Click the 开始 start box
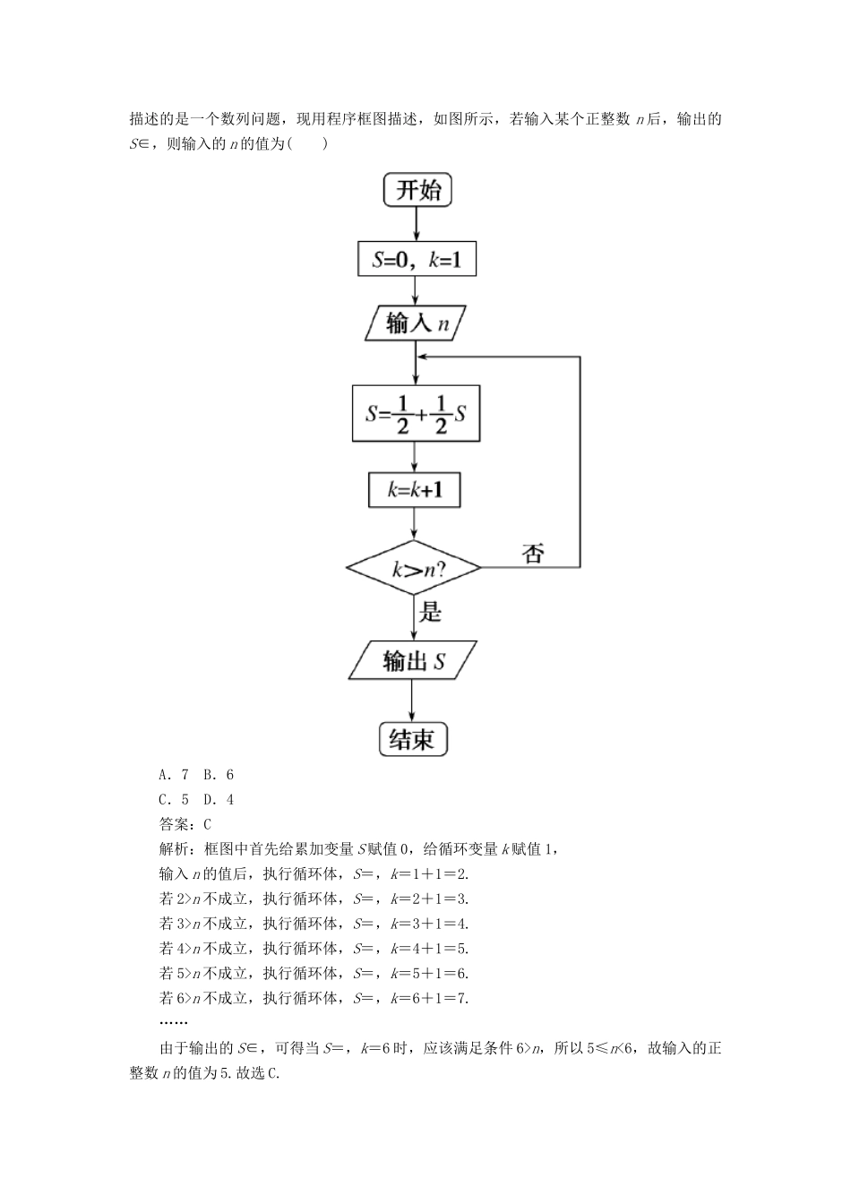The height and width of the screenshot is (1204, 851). (417, 190)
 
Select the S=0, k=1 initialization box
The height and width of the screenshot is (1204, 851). (416, 260)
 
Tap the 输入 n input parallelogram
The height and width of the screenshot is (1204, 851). (417, 323)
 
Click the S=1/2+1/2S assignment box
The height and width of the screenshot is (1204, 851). (416, 413)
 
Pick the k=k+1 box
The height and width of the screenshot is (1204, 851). (415, 490)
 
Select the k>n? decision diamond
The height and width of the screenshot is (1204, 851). (413, 568)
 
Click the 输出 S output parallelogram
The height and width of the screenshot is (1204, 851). (413, 662)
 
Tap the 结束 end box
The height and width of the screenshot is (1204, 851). (412, 739)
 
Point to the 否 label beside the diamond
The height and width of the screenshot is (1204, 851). (533, 554)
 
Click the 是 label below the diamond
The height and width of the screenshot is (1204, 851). (431, 613)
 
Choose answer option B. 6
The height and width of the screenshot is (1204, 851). (219, 775)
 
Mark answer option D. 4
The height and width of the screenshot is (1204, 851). (219, 799)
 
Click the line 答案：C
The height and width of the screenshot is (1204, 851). (185, 824)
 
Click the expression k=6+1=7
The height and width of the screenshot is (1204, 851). (429, 998)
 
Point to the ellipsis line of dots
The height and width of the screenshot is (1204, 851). (173, 1022)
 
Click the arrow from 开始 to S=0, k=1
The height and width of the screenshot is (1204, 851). (417, 224)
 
